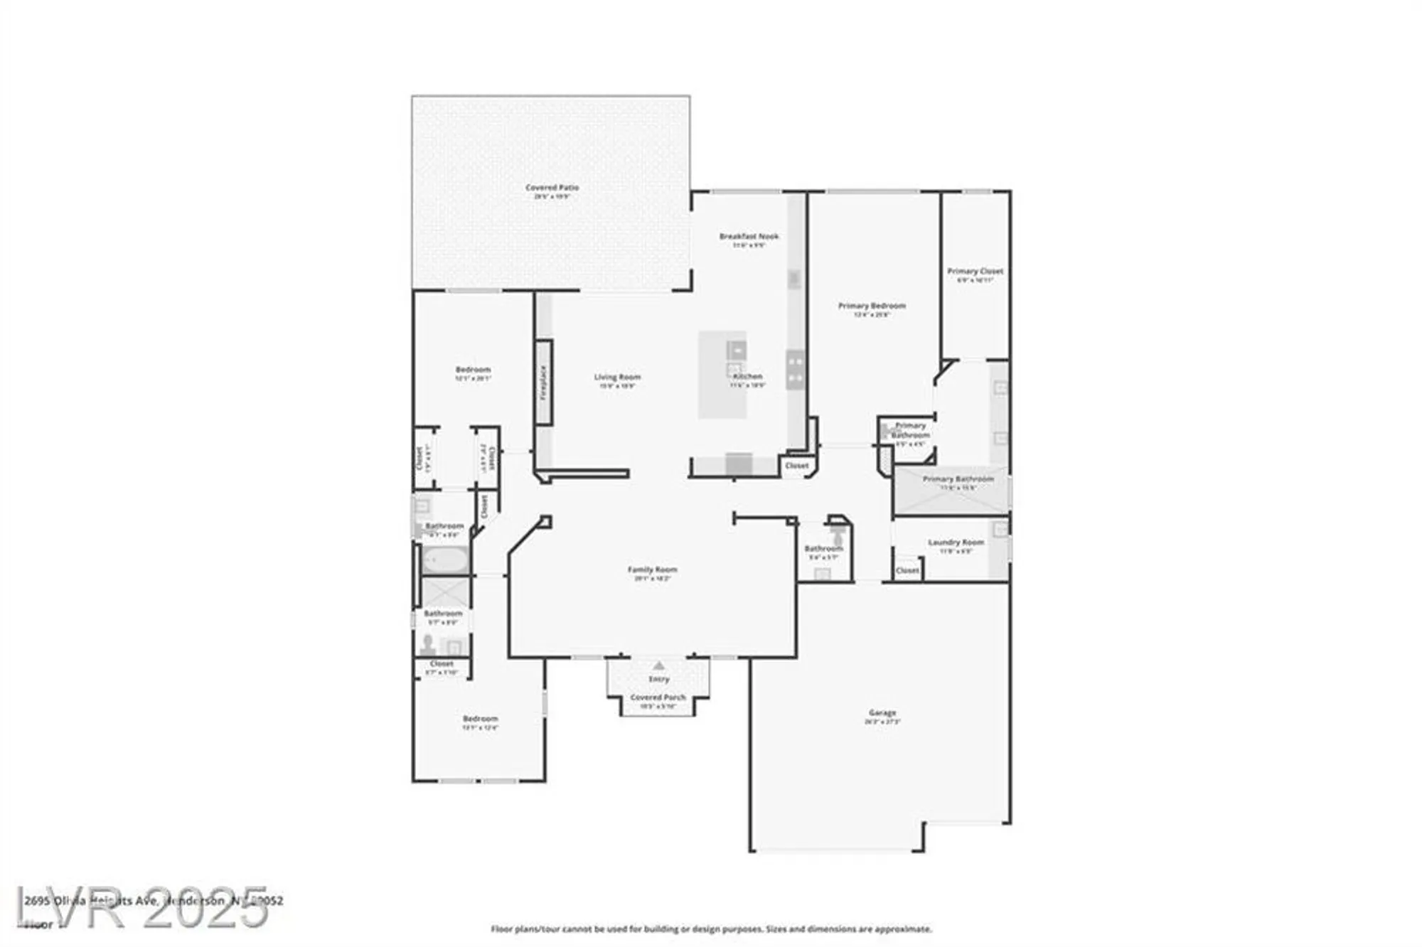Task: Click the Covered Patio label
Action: pyautogui.click(x=552, y=188)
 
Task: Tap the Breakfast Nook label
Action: pyautogui.click(x=749, y=236)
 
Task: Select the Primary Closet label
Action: pyautogui.click(x=975, y=271)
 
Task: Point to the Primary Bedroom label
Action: pyautogui.click(x=872, y=306)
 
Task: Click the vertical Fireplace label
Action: pyautogui.click(x=544, y=382)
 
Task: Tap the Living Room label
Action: pyautogui.click(x=617, y=377)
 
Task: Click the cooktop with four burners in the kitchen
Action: pyautogui.click(x=795, y=370)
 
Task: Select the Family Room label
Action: pyautogui.click(x=652, y=569)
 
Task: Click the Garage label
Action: pyautogui.click(x=882, y=712)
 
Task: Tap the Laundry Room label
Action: pyautogui.click(x=956, y=542)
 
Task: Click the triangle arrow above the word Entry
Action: pyautogui.click(x=659, y=665)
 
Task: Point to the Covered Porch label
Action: pyautogui.click(x=658, y=697)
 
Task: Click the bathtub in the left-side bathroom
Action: pyautogui.click(x=445, y=560)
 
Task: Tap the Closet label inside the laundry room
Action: pyautogui.click(x=907, y=570)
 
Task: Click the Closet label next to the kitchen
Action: pyautogui.click(x=796, y=466)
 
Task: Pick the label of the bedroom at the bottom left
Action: pyautogui.click(x=480, y=719)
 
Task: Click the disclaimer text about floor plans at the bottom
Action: pyautogui.click(x=711, y=929)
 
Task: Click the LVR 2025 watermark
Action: pyautogui.click(x=142, y=908)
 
